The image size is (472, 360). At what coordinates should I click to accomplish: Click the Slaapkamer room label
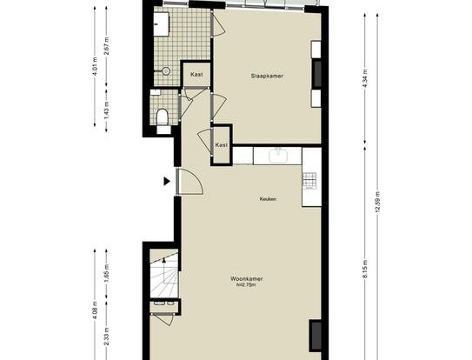point(267,76)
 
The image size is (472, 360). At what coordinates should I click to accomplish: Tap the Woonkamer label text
point(247,278)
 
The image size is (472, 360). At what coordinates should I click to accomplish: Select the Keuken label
point(268,199)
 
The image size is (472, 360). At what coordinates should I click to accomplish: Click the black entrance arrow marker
point(167,182)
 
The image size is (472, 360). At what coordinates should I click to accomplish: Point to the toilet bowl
point(163,117)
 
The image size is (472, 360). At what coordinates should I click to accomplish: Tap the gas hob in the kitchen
point(309,181)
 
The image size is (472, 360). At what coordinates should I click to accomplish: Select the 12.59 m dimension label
point(377,202)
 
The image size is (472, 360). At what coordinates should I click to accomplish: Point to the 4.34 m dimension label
point(365,78)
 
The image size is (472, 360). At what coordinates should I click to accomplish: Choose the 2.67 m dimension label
point(106,46)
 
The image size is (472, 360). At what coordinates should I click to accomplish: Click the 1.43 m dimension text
point(106,110)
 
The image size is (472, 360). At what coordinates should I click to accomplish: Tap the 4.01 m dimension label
point(95,66)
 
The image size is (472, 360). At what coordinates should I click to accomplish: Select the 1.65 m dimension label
point(106,273)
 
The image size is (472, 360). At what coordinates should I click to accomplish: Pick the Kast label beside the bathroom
point(196,74)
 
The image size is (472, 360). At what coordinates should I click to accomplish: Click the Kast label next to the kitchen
point(222,145)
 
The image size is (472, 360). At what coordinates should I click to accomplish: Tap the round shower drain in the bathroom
point(166,71)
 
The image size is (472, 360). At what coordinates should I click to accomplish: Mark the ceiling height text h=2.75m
point(247,284)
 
